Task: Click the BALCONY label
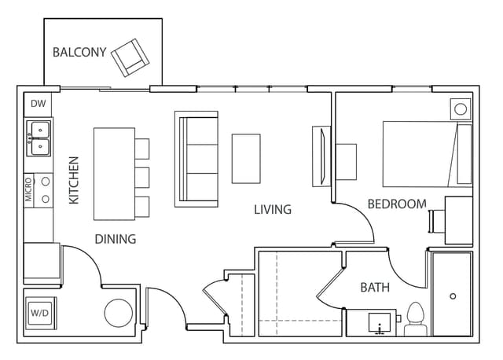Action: [79, 53]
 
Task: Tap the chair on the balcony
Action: [130, 57]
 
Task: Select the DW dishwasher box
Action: [37, 103]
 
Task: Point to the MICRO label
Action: [29, 189]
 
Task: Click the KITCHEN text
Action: [75, 180]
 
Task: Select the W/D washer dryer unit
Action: [39, 312]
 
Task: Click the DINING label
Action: [116, 239]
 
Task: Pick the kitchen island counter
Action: [113, 174]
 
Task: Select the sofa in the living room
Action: [196, 157]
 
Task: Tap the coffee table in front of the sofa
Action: [246, 158]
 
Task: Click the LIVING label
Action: [273, 209]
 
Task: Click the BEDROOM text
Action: [397, 204]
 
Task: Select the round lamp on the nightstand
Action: [461, 108]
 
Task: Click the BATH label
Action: [375, 288]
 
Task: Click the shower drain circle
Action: [452, 296]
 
